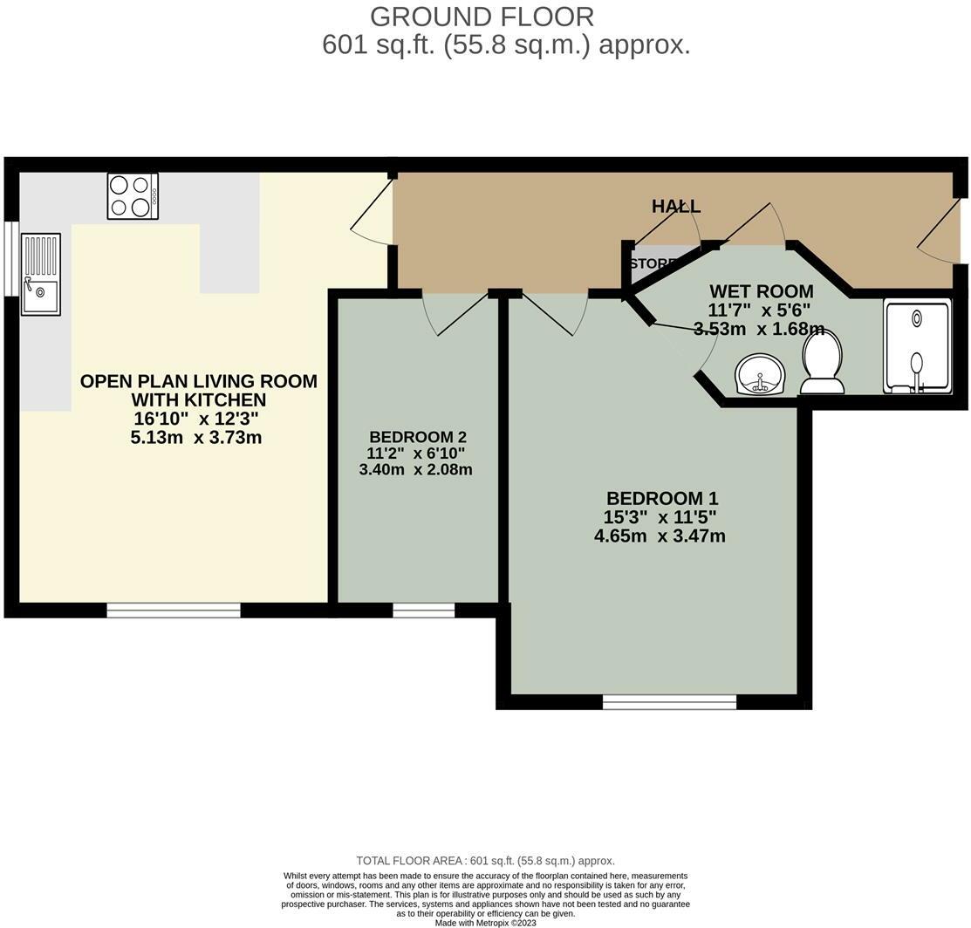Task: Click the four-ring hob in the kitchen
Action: (x=133, y=195)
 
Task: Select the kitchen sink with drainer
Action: (x=41, y=274)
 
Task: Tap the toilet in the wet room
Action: (x=822, y=364)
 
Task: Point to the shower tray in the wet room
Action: (x=916, y=346)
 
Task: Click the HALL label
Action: (x=676, y=207)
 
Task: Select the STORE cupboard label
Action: (x=651, y=263)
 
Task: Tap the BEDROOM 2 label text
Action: (x=417, y=437)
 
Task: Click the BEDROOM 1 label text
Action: (x=661, y=498)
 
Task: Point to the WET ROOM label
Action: (x=761, y=291)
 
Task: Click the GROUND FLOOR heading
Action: (x=482, y=17)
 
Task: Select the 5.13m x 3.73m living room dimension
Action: (x=195, y=438)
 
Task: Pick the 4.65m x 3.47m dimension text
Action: (x=660, y=536)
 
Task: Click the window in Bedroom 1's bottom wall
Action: (x=669, y=701)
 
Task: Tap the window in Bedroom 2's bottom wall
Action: (x=423, y=610)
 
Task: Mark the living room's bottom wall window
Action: (x=173, y=610)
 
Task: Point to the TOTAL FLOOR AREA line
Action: (x=485, y=861)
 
